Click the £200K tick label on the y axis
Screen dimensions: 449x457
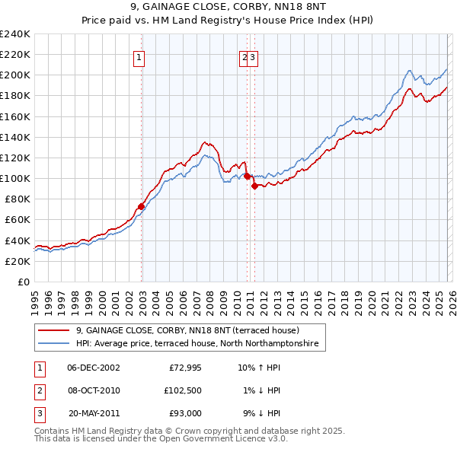pyautogui.click(x=15, y=75)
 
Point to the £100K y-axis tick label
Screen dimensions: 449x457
pyautogui.click(x=15, y=178)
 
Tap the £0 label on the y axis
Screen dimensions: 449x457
pyautogui.click(x=23, y=282)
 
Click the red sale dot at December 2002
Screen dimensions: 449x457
pyautogui.click(x=142, y=206)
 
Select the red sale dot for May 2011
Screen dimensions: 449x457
pyautogui.click(x=254, y=186)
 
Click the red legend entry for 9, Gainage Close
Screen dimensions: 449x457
pyautogui.click(x=187, y=331)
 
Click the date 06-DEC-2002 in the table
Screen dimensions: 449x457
pyautogui.click(x=94, y=368)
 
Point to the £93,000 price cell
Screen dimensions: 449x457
pyautogui.click(x=184, y=413)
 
